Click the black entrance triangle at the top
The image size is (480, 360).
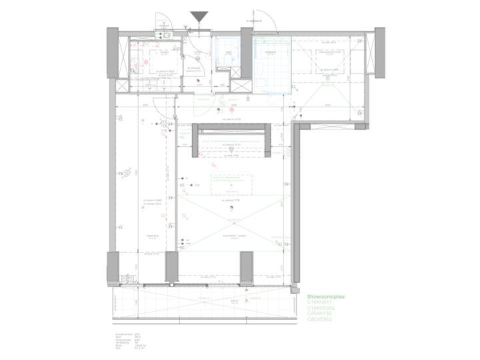point(199,17)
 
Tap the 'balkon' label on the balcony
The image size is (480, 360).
point(234,301)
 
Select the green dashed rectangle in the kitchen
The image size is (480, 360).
point(231,185)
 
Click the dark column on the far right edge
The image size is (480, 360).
point(379,51)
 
